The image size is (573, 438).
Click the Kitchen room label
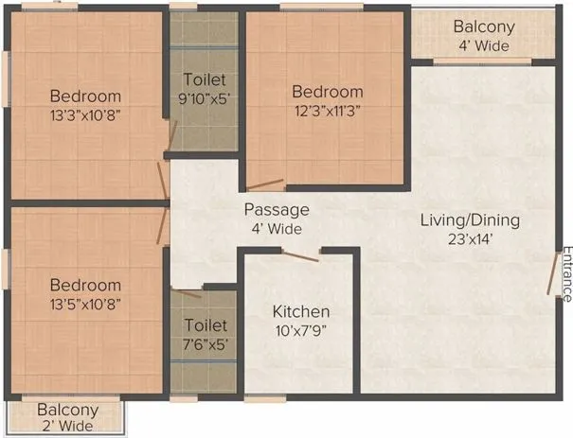click(x=301, y=311)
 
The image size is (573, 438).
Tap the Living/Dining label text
click(x=471, y=220)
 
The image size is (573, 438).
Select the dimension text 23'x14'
click(x=471, y=239)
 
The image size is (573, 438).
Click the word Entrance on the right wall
click(x=566, y=274)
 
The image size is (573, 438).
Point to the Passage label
click(x=277, y=210)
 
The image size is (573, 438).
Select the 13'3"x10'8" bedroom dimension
click(x=85, y=114)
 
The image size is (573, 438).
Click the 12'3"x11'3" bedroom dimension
click(x=327, y=111)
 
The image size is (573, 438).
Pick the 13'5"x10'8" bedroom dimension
click(x=85, y=304)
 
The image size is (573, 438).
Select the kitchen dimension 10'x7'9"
click(x=301, y=330)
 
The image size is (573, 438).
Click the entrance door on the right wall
click(x=551, y=274)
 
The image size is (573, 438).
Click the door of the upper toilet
click(x=171, y=139)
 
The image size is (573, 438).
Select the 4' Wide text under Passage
click(x=277, y=229)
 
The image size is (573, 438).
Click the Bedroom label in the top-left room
click(x=85, y=96)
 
